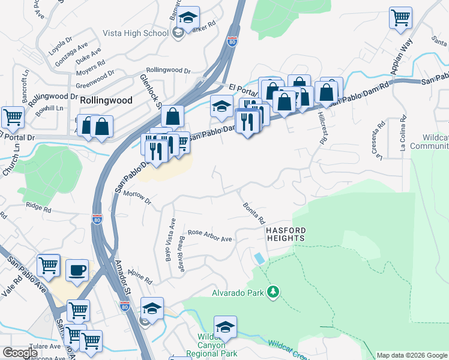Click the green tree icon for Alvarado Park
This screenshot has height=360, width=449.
pyautogui.click(x=274, y=292)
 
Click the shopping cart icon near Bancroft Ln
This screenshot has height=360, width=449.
pyautogui.click(x=12, y=116)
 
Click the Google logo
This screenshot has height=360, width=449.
pyautogui.click(x=20, y=353)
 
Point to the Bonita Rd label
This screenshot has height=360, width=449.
pyautogui.click(x=254, y=213)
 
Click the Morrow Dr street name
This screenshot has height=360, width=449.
pyautogui.click(x=136, y=196)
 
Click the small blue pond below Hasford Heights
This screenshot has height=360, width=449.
pyautogui.click(x=258, y=258)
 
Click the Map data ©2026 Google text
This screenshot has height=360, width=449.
pyautogui.click(x=412, y=355)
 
